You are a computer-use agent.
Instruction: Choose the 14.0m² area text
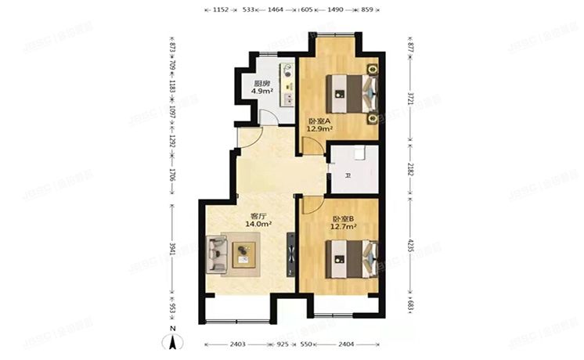(258, 225)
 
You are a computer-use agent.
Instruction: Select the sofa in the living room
(217, 253)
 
